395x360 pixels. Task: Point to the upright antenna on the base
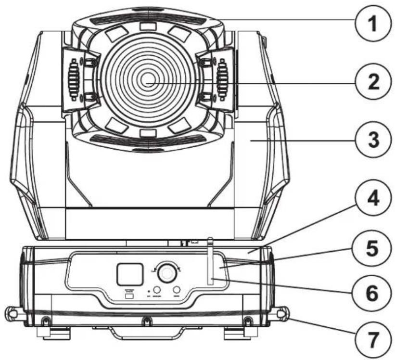point(210,260)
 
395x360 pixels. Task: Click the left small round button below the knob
point(157,291)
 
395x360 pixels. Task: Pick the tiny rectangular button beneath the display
point(128,296)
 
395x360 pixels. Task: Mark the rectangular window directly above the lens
point(148,26)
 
